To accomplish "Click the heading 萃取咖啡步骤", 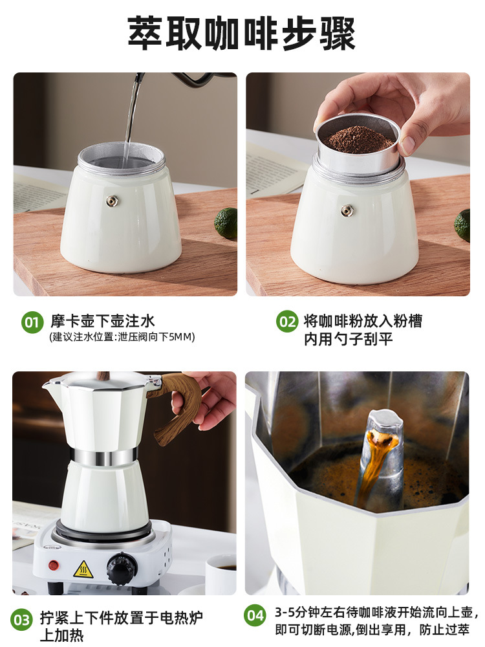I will [x=242, y=33].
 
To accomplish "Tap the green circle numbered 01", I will [x=32, y=322].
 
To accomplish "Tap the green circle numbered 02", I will [x=287, y=322].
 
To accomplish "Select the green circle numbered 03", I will [x=22, y=620].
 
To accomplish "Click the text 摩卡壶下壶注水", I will [x=103, y=321].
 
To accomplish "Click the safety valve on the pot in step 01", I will [x=113, y=201].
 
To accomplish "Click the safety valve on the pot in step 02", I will [x=347, y=210].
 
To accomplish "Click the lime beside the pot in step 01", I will [x=226, y=223].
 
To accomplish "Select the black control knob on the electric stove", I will [x=122, y=569].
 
